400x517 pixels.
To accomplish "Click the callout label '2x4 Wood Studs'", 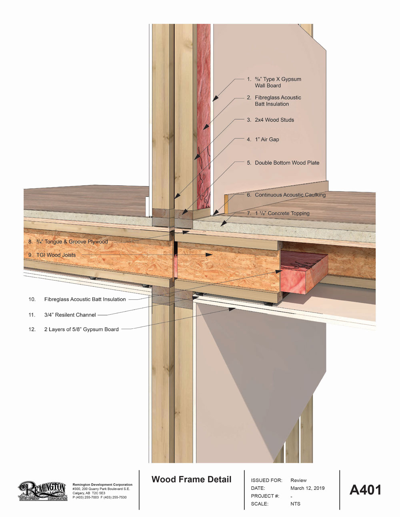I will click(274, 120).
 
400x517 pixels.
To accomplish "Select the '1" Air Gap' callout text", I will click(267, 139).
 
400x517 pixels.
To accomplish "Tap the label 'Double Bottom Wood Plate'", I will click(287, 163).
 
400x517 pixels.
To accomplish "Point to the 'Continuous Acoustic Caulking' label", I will click(290, 195).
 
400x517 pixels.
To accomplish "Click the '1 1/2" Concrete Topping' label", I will click(282, 213).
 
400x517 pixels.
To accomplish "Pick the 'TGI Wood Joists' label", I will click(56, 255).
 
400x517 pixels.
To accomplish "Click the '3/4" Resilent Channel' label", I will click(70, 315).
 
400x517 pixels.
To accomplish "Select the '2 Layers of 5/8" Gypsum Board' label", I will click(81, 330).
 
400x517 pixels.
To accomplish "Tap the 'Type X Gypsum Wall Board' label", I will click(278, 82).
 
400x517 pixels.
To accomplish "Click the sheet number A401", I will click(365, 490).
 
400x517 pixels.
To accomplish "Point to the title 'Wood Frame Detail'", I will click(191, 479).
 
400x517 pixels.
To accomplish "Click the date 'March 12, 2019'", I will click(307, 488).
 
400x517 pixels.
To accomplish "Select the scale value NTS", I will click(295, 504).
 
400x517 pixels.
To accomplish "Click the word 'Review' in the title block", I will click(298, 480).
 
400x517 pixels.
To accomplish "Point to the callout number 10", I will click(32, 299).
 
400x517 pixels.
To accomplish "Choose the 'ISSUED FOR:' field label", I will click(266, 480).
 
